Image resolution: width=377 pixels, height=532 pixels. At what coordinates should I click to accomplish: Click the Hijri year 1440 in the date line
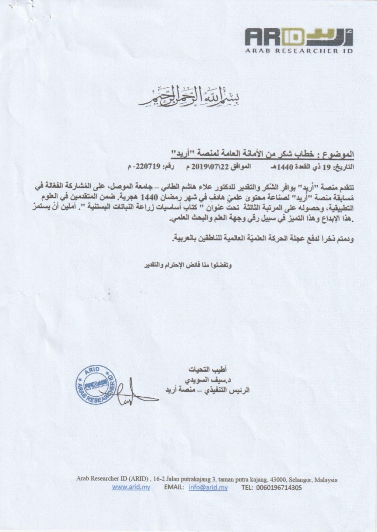(283, 168)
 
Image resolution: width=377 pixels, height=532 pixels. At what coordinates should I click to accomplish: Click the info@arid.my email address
(208, 488)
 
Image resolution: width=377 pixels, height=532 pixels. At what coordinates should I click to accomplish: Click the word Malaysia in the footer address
(326, 479)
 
